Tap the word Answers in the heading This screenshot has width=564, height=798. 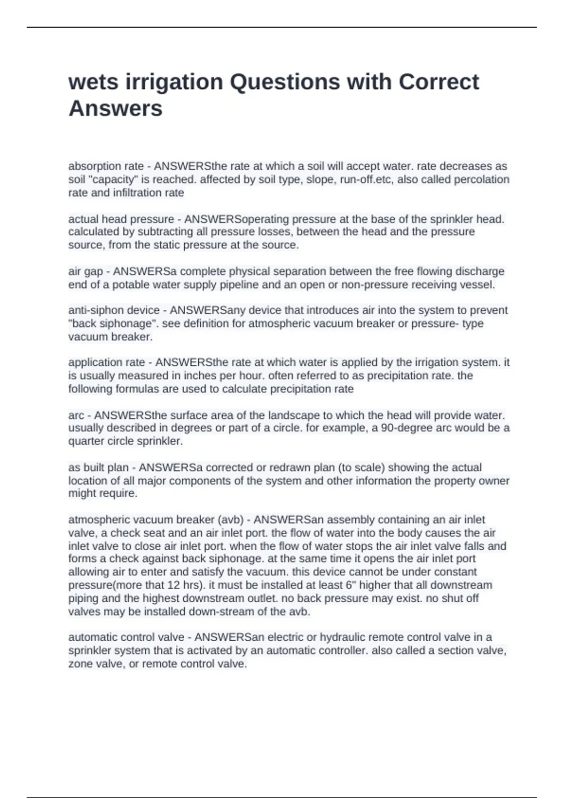click(115, 108)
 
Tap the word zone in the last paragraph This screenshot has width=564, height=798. click(80, 664)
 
